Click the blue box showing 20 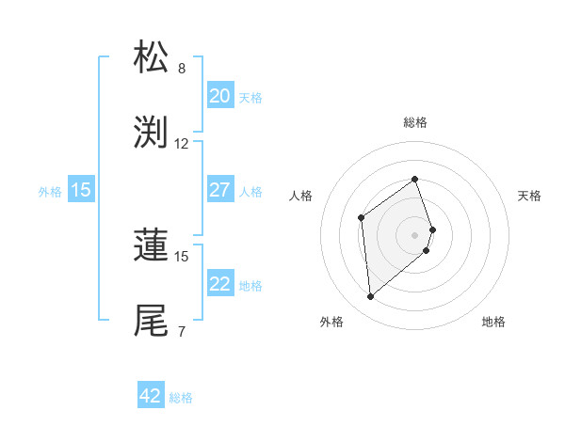tap(219, 96)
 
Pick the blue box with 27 tap(219, 190)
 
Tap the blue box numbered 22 tap(219, 284)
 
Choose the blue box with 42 tap(151, 396)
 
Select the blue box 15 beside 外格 tap(81, 190)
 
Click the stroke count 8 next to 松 tap(182, 69)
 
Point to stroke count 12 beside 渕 tap(182, 144)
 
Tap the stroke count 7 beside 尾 tap(182, 331)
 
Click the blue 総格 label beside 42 tap(181, 398)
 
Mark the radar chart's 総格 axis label tap(415, 123)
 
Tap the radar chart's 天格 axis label tap(529, 196)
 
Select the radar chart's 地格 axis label tap(493, 322)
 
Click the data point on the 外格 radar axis tap(370, 297)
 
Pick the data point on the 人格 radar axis tap(361, 217)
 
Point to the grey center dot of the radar tap(415, 234)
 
